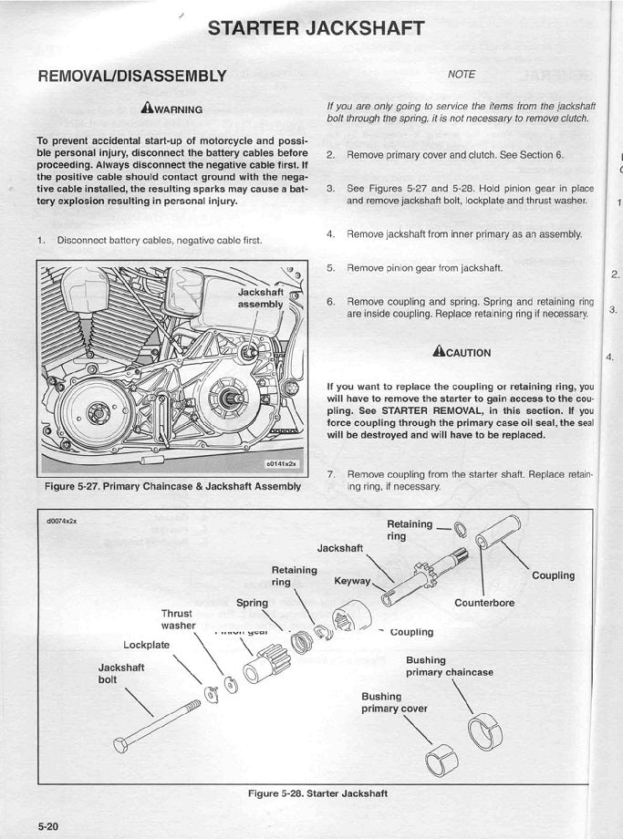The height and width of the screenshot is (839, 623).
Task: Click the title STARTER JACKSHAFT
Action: coord(316,27)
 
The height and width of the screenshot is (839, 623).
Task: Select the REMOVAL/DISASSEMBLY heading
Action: coord(131,75)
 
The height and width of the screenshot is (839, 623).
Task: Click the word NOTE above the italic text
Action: coord(462,74)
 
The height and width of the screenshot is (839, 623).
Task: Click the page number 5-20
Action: coord(48,825)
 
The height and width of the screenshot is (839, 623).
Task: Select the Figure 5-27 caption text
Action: coord(172,486)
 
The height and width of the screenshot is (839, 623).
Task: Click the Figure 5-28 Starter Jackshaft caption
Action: coord(317,793)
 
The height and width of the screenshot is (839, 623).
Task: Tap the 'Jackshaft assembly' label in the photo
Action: coord(261,298)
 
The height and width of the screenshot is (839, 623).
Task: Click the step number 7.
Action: coord(331,474)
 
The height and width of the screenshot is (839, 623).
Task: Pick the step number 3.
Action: coord(331,188)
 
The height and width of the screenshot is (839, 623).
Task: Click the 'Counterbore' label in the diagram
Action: coord(484,603)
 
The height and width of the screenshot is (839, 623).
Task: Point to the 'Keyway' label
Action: coord(352,580)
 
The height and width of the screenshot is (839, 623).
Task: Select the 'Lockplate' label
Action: coord(147,645)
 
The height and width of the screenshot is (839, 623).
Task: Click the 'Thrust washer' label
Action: coord(178,619)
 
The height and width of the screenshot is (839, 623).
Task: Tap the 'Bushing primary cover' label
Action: coord(394,702)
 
